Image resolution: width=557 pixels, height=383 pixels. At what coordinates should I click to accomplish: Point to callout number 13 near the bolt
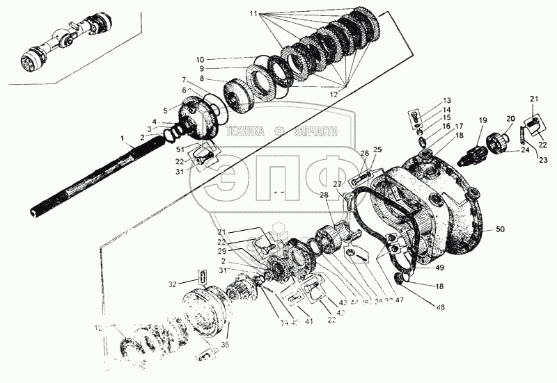446,101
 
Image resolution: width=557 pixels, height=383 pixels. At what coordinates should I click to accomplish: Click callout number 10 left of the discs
199,59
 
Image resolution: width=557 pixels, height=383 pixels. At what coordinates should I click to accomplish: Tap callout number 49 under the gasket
439,266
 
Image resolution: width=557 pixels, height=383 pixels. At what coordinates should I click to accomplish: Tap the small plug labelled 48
400,279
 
